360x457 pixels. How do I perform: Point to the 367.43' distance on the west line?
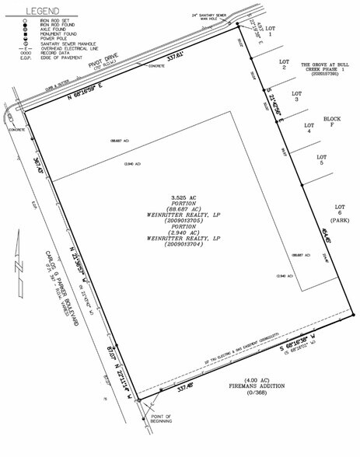[x=37, y=169]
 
